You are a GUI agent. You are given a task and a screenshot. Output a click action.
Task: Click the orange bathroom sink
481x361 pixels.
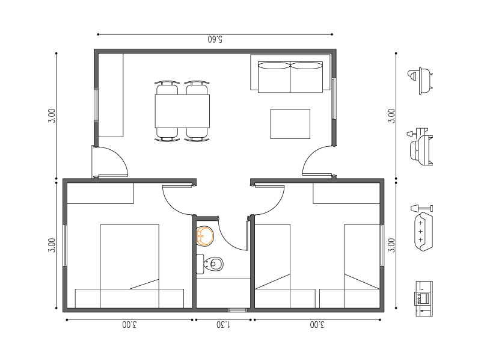[x=205, y=236]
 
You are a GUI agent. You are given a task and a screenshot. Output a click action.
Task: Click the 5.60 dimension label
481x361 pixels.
[x=215, y=39]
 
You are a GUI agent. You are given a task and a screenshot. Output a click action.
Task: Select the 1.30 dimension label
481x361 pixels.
[x=224, y=325]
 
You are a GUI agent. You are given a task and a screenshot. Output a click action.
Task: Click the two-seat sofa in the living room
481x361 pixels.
[x=290, y=77]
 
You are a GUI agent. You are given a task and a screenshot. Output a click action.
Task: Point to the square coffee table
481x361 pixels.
[x=290, y=124]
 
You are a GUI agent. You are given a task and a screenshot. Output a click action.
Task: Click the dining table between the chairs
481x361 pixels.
[x=182, y=111]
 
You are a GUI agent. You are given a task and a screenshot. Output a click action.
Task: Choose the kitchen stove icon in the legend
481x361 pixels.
[x=424, y=298]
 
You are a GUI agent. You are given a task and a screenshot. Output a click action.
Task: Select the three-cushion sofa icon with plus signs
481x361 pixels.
[x=423, y=231]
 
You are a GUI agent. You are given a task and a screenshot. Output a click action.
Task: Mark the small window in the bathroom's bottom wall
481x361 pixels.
[x=237, y=310]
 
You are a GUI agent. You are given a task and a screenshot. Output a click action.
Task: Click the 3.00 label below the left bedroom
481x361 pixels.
[x=129, y=325]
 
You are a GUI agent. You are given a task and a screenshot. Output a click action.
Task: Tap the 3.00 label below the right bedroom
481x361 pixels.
[x=317, y=325]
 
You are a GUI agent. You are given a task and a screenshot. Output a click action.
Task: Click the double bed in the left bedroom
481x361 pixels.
[x=129, y=266]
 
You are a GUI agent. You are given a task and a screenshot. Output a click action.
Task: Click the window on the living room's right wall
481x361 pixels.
[x=334, y=99]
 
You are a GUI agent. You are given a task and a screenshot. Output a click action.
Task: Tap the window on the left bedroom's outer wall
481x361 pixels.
[x=65, y=245]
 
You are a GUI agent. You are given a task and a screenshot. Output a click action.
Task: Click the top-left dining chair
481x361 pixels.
[x=167, y=88]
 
